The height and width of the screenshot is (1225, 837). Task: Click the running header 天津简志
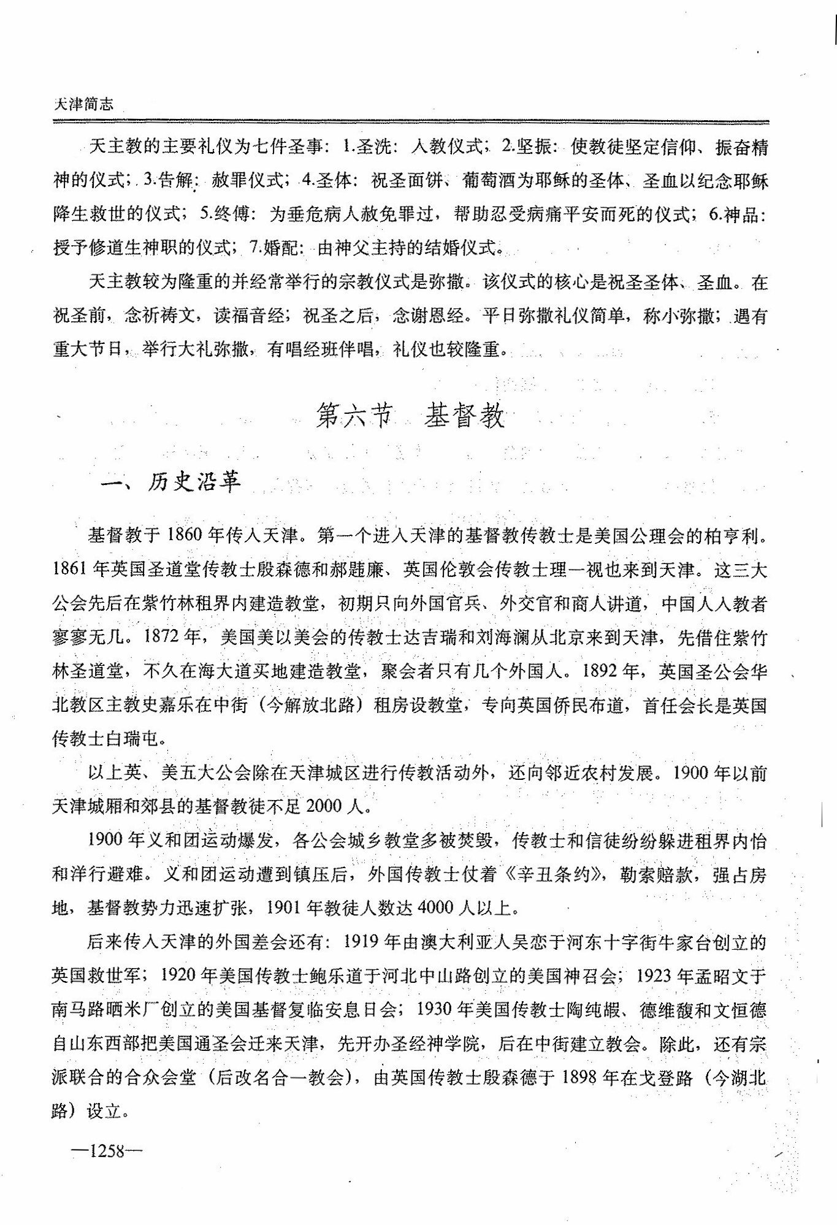tap(83, 104)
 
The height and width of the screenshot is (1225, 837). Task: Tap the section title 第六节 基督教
tap(410, 416)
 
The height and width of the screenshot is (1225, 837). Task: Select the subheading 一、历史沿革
tap(170, 482)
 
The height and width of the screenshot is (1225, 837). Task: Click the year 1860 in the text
tap(184, 535)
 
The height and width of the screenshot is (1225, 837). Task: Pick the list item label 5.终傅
tap(224, 214)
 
